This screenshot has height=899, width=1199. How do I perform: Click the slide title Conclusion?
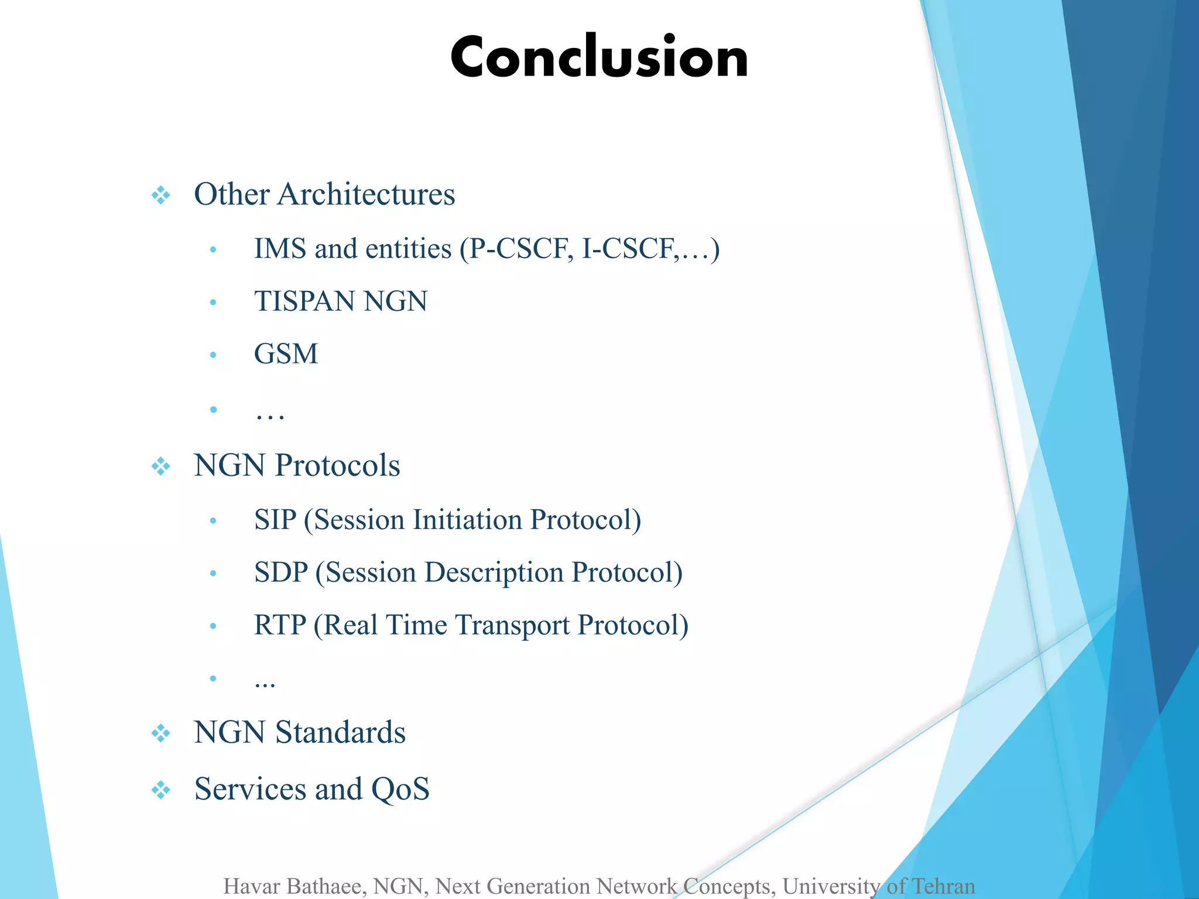(599, 57)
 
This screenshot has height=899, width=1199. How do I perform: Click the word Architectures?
(366, 194)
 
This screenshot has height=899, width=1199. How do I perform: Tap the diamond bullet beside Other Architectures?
(160, 195)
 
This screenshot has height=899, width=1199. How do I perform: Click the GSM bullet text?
(286, 354)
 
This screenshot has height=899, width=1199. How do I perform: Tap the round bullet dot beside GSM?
(213, 355)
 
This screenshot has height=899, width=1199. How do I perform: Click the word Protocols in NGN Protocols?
(338, 466)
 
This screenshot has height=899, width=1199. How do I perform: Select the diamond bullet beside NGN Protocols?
(160, 466)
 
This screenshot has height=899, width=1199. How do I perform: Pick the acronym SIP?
(275, 520)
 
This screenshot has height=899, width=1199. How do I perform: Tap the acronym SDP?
(280, 572)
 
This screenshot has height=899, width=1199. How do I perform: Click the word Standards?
(340, 733)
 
